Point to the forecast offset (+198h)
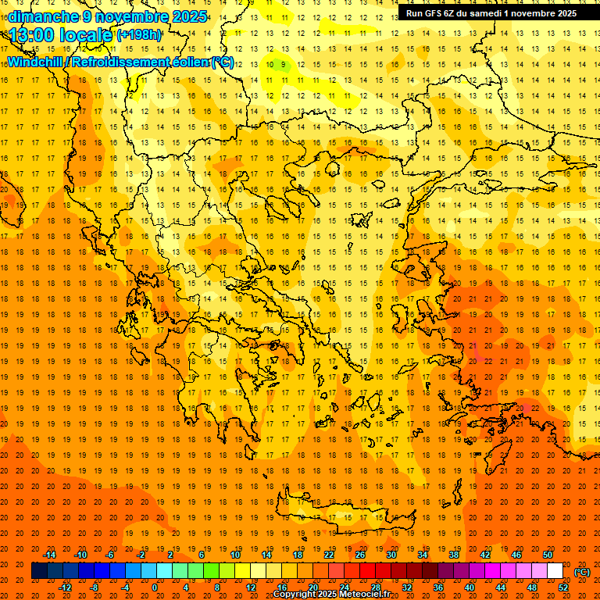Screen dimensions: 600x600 (x=139, y=35)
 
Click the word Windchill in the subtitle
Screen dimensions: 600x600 (x=36, y=62)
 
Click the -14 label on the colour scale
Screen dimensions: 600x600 (x=50, y=555)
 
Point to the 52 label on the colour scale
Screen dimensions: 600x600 (x=563, y=587)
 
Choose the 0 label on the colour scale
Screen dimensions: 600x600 (x=154, y=587)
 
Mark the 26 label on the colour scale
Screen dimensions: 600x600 (x=360, y=555)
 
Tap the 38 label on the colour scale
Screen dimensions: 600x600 (x=454, y=555)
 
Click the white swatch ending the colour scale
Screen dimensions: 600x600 (x=555, y=571)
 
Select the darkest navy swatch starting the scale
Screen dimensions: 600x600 (x=39, y=571)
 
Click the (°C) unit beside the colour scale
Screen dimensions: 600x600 (x=582, y=572)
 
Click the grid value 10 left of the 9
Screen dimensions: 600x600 (x=270, y=64)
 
